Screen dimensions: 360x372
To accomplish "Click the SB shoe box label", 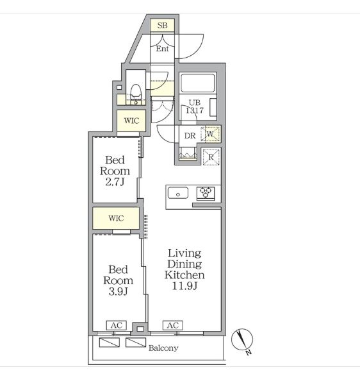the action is click(162, 25).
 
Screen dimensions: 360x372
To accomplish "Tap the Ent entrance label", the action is click(162, 49).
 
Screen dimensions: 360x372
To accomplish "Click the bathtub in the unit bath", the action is click(198, 83).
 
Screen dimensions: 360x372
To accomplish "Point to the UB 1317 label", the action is click(195, 106).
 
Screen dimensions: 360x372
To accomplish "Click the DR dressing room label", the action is click(190, 136).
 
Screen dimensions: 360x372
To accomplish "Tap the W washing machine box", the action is click(211, 134).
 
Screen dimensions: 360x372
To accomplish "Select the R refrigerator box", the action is click(211, 156).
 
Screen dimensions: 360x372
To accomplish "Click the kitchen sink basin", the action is click(178, 192).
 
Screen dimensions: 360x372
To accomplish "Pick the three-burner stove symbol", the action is click(206, 193).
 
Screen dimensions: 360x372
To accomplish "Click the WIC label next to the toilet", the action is click(131, 121).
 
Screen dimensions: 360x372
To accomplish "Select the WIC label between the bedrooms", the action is click(116, 218).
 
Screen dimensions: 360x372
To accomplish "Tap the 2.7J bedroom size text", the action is click(115, 182).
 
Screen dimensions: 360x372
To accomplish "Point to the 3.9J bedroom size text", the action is click(119, 291).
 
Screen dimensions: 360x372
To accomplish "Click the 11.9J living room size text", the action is click(184, 285).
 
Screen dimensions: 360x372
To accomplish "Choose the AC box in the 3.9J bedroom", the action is click(117, 325).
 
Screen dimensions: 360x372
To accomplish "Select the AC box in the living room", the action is click(173, 325).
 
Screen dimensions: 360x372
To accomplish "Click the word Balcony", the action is click(163, 348).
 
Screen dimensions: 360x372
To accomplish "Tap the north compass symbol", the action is click(242, 340).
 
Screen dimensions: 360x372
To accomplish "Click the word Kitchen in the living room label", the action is click(184, 275).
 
